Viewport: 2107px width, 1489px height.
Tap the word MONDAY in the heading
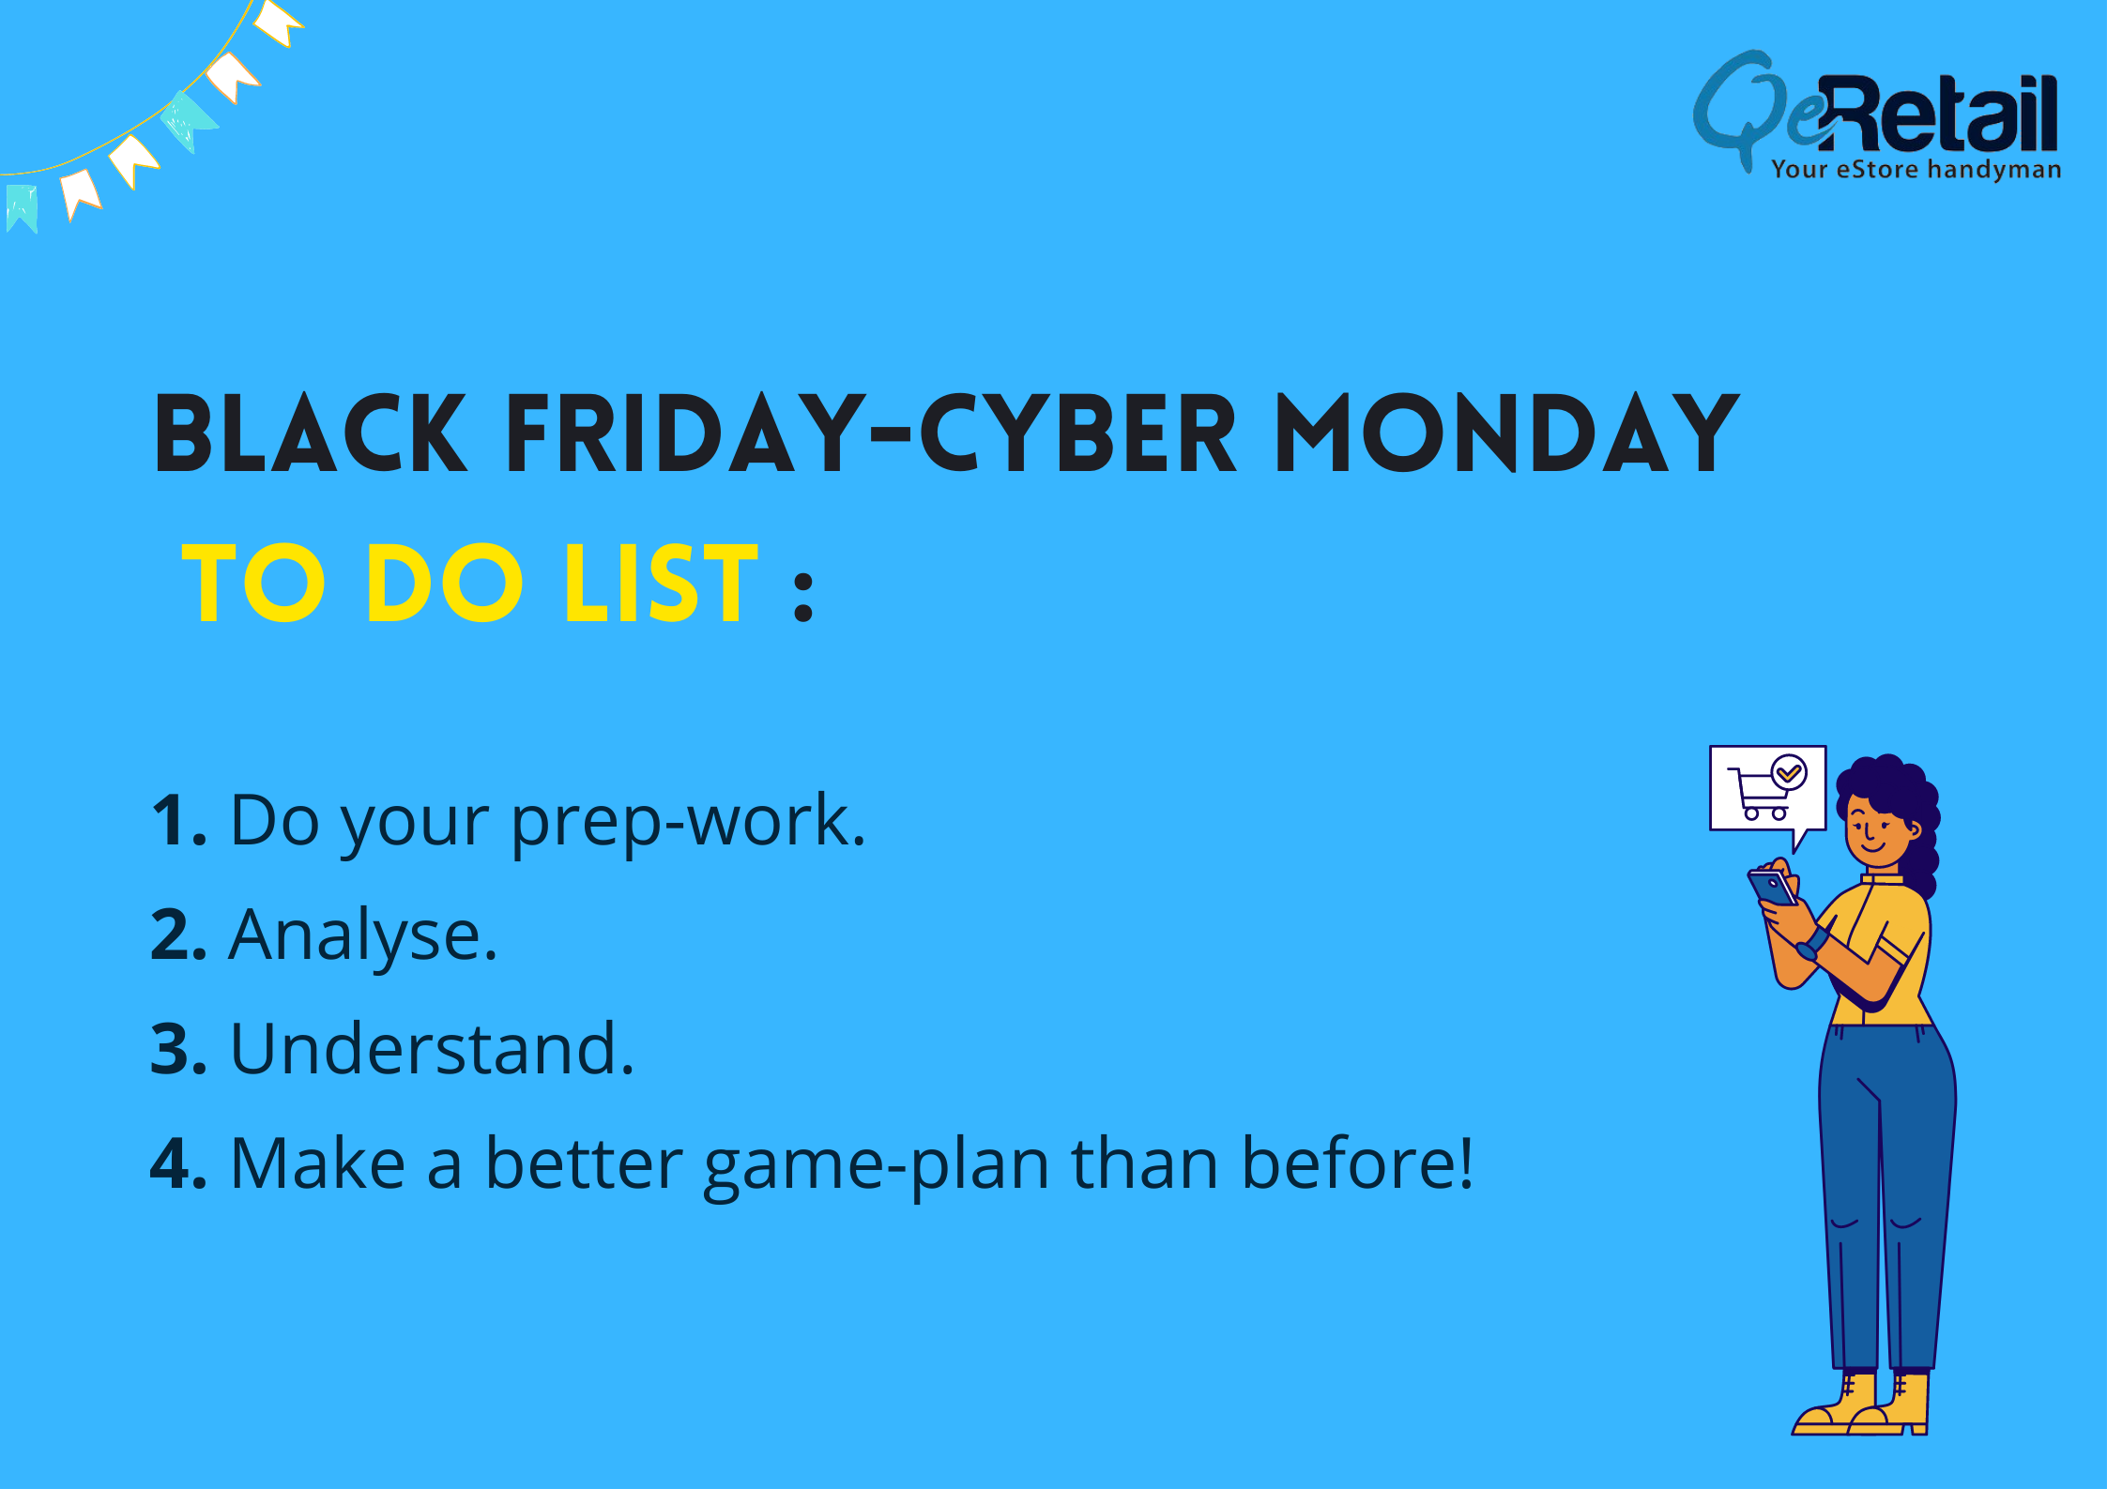click(1507, 433)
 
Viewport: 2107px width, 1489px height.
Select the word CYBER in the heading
click(1078, 433)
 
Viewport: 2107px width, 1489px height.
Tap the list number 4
click(178, 1163)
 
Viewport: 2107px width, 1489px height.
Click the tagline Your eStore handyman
click(1916, 170)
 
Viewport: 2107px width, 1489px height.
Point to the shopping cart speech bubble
click(1767, 791)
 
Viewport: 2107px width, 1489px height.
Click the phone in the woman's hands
click(1771, 888)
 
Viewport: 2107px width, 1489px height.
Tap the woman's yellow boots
click(1863, 1404)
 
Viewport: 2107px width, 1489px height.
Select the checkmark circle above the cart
click(1789, 773)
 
